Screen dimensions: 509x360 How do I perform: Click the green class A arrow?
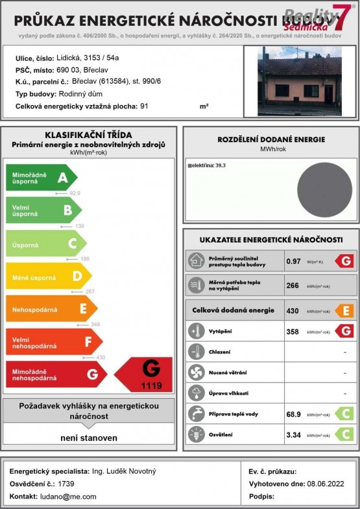point(41,177)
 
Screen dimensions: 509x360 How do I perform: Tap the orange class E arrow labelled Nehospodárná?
point(51,309)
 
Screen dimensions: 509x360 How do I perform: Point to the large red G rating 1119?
point(145,374)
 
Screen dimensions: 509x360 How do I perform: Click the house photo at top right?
point(299,81)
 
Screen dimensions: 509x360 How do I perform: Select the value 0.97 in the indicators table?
point(294,261)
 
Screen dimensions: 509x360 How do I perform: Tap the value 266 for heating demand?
point(293,285)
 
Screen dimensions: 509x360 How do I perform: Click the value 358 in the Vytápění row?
point(293,331)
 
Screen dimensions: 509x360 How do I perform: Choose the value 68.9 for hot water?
point(294,414)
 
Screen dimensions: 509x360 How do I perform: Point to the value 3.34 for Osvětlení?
point(294,435)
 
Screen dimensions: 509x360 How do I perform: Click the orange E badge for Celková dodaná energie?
point(344,311)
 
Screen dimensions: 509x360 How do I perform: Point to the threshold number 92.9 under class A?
point(75,193)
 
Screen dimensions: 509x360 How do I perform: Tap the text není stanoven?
point(89,438)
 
